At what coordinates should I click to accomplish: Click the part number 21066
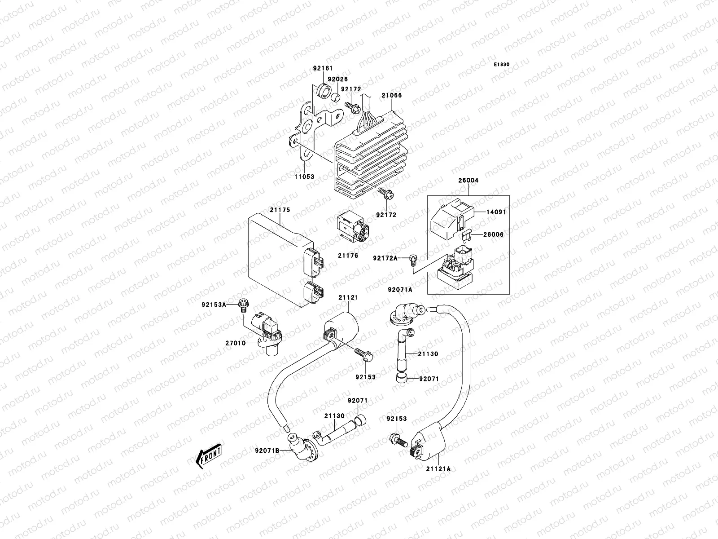pyautogui.click(x=392, y=95)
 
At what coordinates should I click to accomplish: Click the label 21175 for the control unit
pyautogui.click(x=280, y=210)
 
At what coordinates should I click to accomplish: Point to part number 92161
pyautogui.click(x=323, y=69)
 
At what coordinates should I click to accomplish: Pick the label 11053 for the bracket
pyautogui.click(x=304, y=177)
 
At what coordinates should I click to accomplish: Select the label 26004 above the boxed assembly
pyautogui.click(x=468, y=180)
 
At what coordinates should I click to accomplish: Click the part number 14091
pyautogui.click(x=496, y=212)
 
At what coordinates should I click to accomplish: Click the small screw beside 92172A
pyautogui.click(x=413, y=259)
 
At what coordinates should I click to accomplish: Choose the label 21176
pyautogui.click(x=348, y=256)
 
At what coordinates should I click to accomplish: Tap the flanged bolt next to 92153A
pyautogui.click(x=245, y=304)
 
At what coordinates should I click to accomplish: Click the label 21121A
pyautogui.click(x=438, y=481)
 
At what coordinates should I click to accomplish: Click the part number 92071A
pyautogui.click(x=399, y=290)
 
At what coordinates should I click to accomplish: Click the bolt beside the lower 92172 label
pyautogui.click(x=385, y=194)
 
